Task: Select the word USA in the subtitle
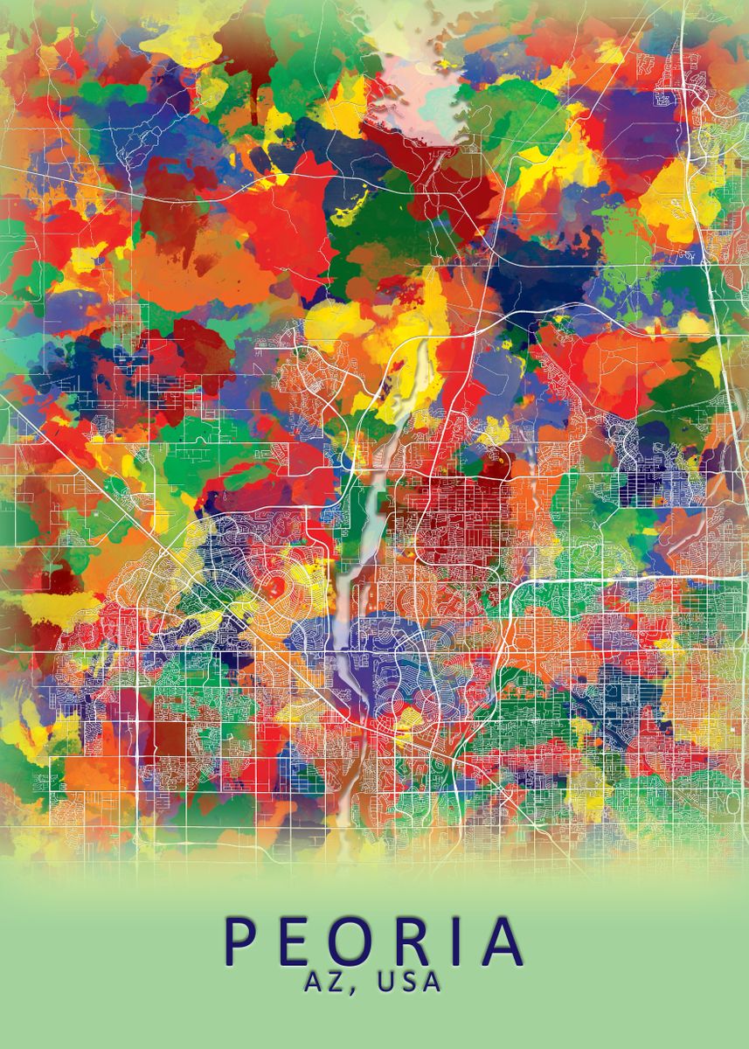click(408, 982)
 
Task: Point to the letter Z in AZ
click(337, 982)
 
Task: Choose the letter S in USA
click(408, 982)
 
